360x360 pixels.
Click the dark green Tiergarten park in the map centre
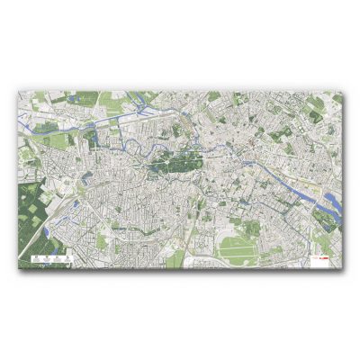pyautogui.click(x=173, y=162)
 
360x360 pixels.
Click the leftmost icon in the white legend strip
pyautogui.click(x=32, y=259)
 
